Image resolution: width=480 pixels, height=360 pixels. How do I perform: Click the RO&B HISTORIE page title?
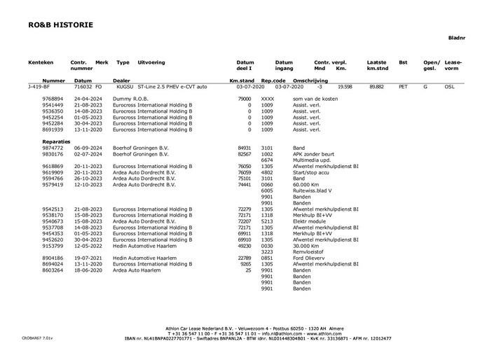pyautogui.click(x=61, y=25)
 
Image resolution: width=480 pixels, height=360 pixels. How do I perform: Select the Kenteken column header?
pyautogui.click(x=41, y=62)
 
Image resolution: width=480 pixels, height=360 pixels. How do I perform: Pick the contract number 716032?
pyautogui.click(x=83, y=87)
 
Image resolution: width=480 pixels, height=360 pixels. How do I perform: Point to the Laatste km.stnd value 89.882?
pyautogui.click(x=376, y=87)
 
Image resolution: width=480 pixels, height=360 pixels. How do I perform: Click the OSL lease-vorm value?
pyautogui.click(x=449, y=87)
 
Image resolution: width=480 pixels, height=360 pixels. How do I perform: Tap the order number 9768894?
pyautogui.click(x=53, y=99)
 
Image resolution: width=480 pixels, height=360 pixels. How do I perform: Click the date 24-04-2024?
pyautogui.click(x=88, y=99)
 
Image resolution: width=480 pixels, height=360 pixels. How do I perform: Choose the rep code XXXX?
pyautogui.click(x=267, y=99)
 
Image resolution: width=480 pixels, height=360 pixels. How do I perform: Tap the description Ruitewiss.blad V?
pyautogui.click(x=313, y=191)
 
